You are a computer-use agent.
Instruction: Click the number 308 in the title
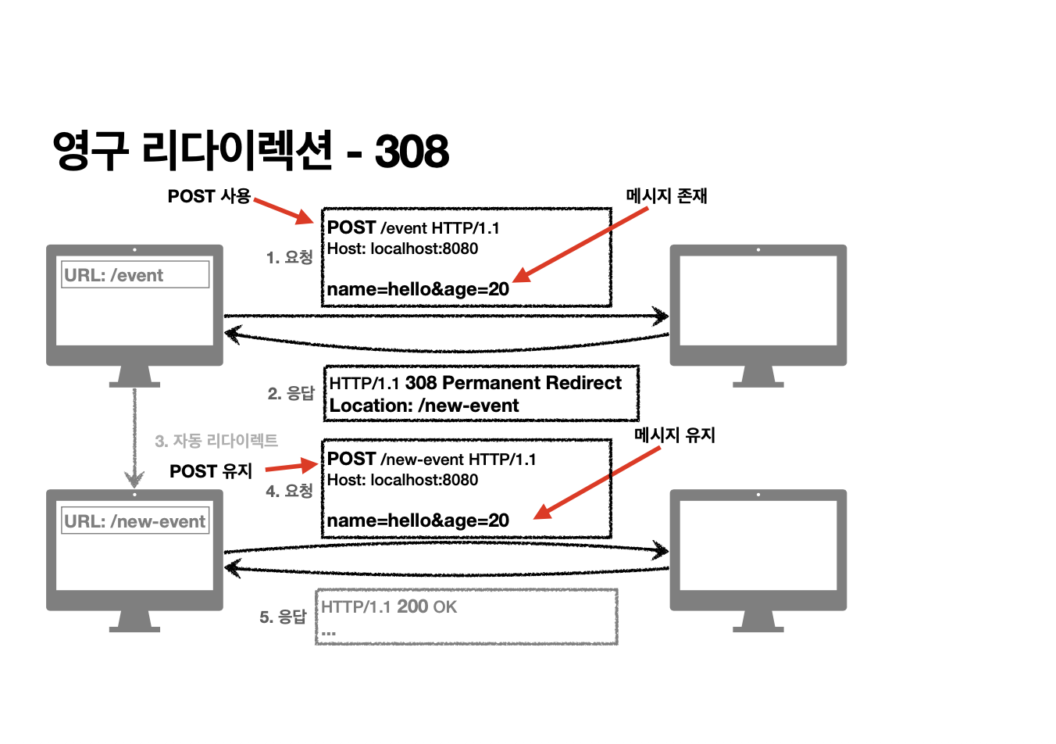(412, 151)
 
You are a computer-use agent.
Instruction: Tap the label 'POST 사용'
(209, 196)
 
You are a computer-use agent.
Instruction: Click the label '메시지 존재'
(666, 196)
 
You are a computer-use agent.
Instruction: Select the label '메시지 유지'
(675, 435)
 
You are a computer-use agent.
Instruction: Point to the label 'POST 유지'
(211, 471)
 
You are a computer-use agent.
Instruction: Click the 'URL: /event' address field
(135, 275)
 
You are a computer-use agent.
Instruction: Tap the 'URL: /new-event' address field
(135, 521)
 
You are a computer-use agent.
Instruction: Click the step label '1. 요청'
(289, 257)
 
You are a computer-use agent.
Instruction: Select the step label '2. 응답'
(291, 393)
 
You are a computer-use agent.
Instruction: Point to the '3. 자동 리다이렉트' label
(216, 441)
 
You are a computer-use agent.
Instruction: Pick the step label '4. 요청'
(289, 491)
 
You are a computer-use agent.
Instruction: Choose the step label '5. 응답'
(283, 617)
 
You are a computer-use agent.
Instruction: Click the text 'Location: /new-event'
(424, 406)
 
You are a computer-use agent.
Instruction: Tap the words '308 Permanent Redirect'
(513, 383)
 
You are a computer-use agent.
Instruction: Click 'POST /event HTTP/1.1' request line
(413, 228)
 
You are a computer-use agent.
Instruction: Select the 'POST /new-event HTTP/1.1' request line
(431, 460)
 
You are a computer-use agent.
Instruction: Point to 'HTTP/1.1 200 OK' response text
(389, 607)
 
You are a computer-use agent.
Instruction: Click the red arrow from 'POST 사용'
(284, 210)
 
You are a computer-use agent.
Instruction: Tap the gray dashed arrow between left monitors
(134, 438)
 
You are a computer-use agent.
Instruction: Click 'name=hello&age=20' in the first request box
(418, 289)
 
